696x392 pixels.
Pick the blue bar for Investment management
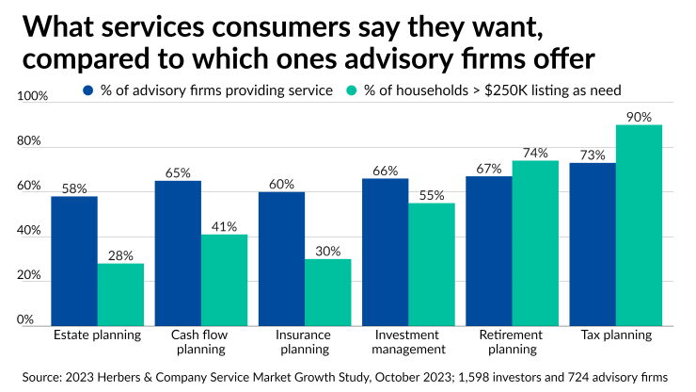coord(385,252)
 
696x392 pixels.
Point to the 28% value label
coord(120,254)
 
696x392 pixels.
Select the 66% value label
coord(385,171)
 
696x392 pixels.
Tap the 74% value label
coord(535,152)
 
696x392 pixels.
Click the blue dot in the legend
coord(88,90)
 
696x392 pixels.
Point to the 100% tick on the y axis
coord(32,96)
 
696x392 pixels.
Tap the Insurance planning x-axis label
coord(304,342)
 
